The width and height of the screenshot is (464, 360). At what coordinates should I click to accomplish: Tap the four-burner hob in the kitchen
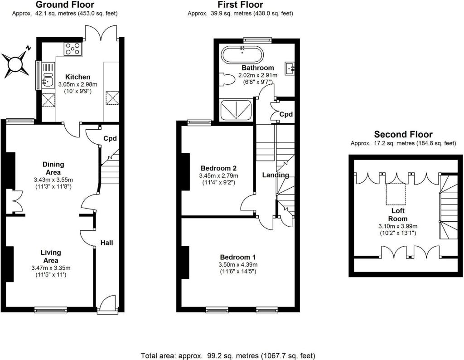72,49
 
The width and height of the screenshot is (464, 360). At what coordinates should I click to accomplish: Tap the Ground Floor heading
65,5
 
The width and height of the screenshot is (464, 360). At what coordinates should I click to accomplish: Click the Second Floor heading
403,134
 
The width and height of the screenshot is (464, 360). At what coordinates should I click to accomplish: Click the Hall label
107,243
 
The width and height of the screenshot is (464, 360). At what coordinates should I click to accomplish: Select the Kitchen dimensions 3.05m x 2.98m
77,84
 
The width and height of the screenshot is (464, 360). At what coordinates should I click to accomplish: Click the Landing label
275,175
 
